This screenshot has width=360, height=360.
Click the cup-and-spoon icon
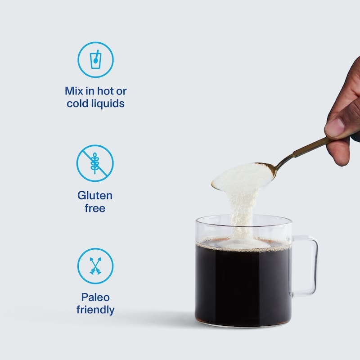[x=95, y=60]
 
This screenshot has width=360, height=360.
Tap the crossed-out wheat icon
[x=95, y=163]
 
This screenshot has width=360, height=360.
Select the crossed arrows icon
[x=95, y=266]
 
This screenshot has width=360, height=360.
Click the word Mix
[x=74, y=91]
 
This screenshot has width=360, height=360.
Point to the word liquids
[x=108, y=104]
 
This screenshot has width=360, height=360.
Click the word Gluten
[x=95, y=196]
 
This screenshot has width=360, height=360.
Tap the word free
[x=95, y=208]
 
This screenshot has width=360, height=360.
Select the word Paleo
[x=95, y=297]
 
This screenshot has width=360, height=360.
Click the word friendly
[x=95, y=310]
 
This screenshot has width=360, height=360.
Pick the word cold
[x=77, y=103]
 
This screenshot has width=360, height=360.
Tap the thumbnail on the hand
[x=335, y=127]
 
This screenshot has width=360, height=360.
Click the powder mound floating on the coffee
[x=243, y=243]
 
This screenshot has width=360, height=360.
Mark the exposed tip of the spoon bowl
[x=213, y=184]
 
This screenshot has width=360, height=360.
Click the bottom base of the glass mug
[x=243, y=324]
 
